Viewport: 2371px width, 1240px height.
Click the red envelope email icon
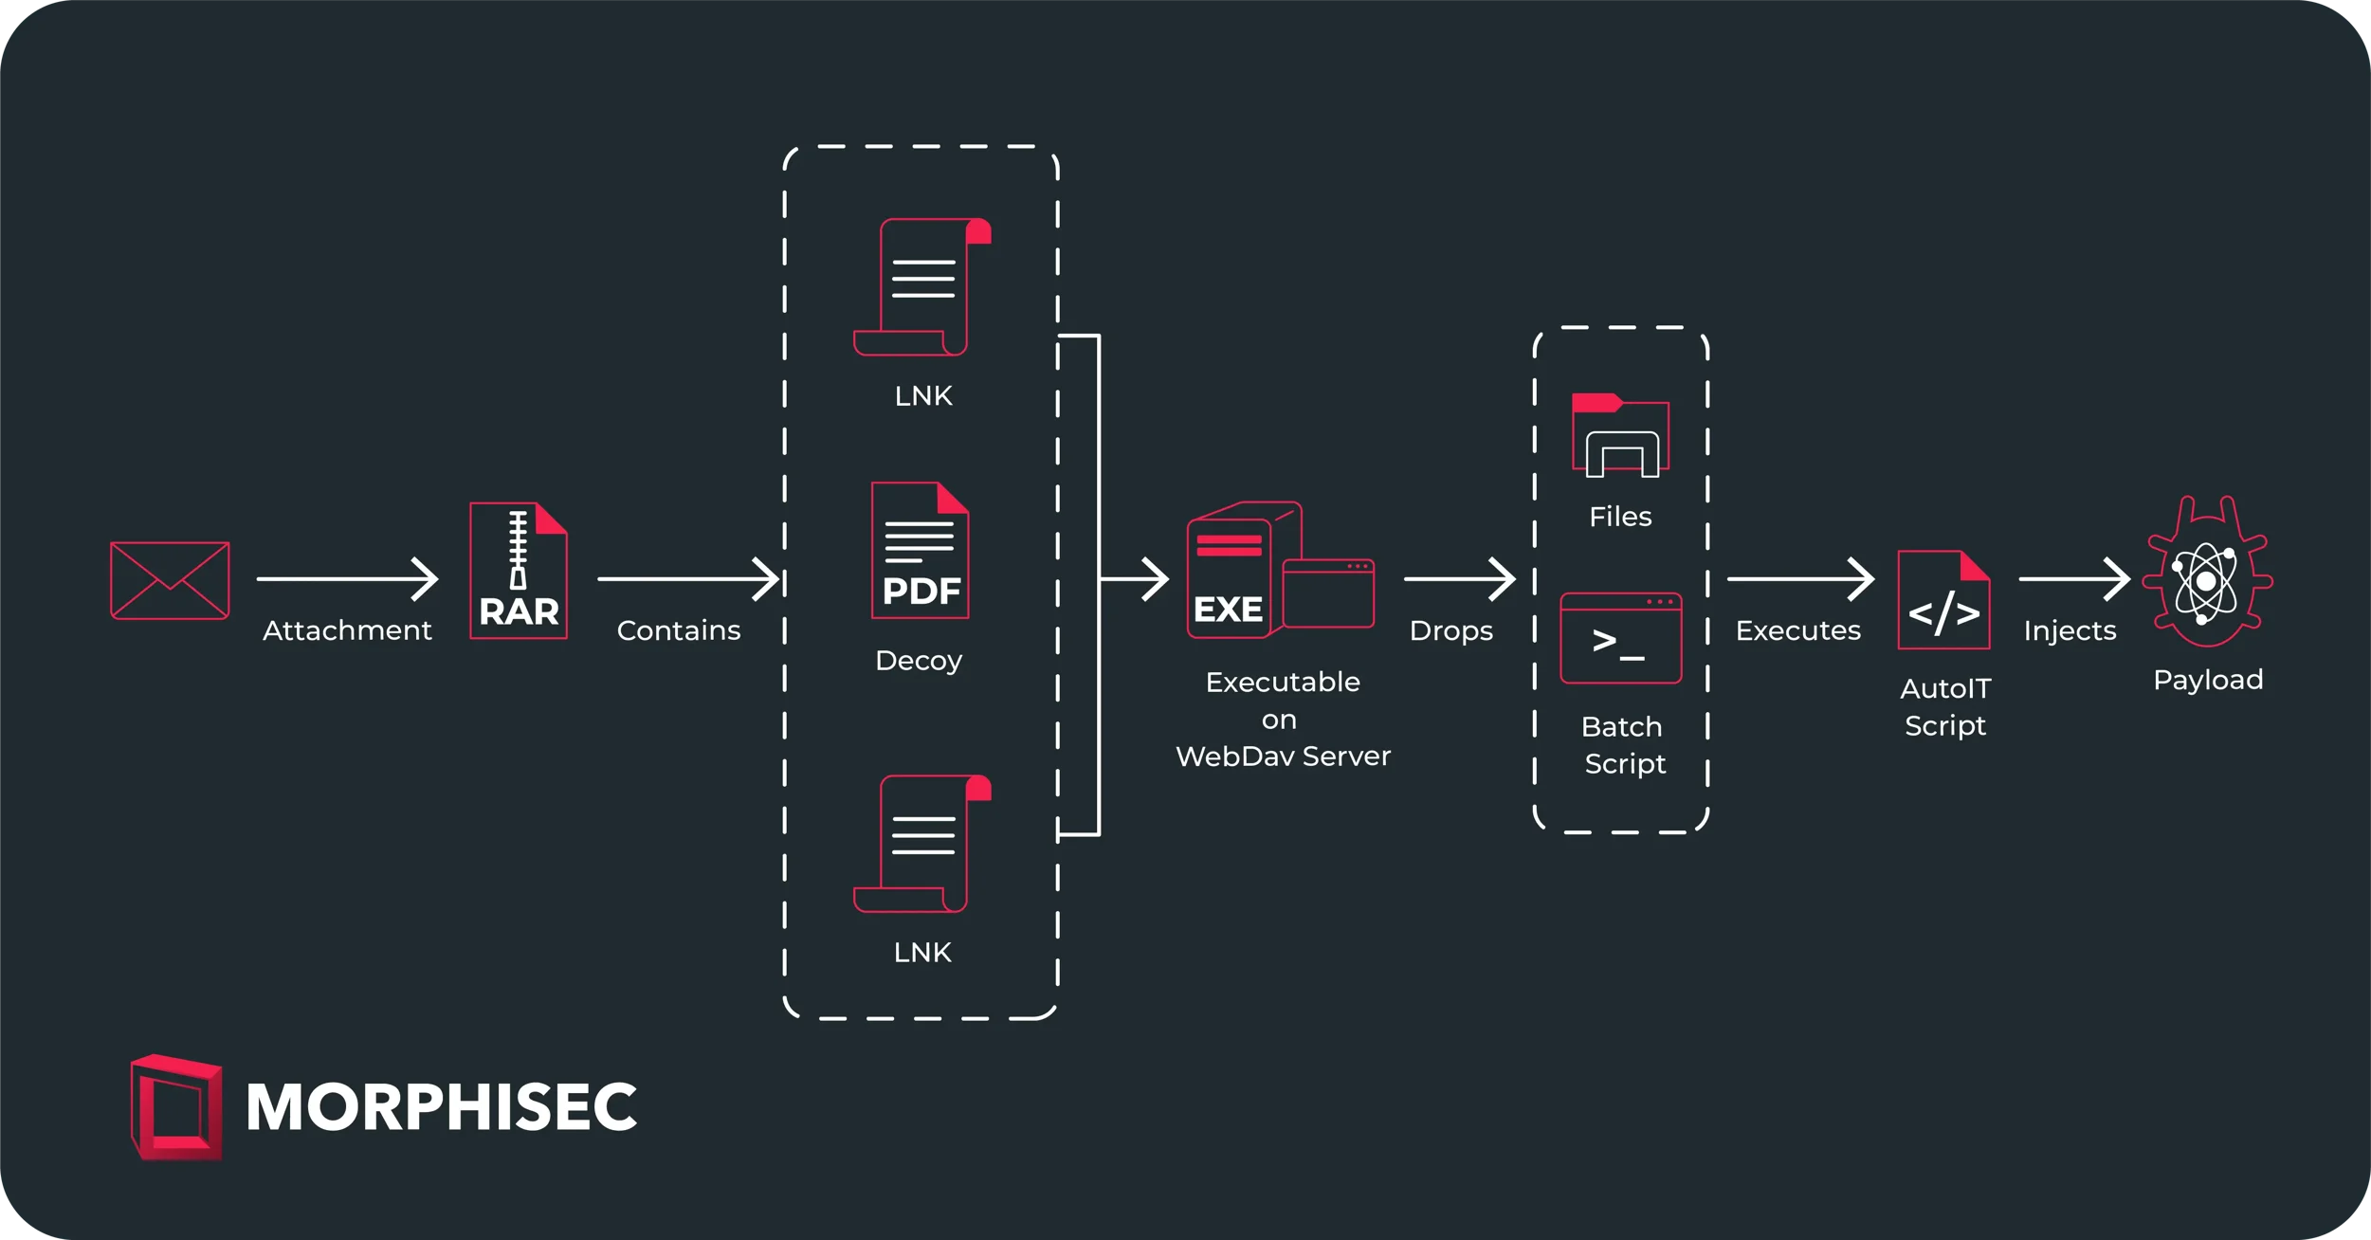[x=170, y=580]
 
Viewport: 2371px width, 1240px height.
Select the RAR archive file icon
[x=519, y=571]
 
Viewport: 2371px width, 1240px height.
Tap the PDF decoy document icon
[x=920, y=551]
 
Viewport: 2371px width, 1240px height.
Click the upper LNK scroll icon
[x=921, y=287]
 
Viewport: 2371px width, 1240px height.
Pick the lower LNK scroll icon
[x=921, y=844]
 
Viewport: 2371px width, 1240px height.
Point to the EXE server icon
[x=1279, y=571]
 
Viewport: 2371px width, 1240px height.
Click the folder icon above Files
[x=1620, y=435]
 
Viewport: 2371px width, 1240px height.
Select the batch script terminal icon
[x=1620, y=638]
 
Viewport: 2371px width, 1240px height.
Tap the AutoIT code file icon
[x=1943, y=600]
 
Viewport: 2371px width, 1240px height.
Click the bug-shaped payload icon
[x=2207, y=573]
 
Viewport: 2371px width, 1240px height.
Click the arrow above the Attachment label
[x=347, y=578]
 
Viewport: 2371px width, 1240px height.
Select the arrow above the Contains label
[x=688, y=578]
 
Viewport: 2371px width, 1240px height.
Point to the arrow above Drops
[x=1459, y=578]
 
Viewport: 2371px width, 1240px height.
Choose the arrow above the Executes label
[x=1800, y=578]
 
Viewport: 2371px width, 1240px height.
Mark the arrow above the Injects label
[x=2074, y=578]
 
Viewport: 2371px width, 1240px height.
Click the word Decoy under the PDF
[x=919, y=661]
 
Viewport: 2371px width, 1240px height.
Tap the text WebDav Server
[x=1283, y=757]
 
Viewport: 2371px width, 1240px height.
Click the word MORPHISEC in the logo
[x=442, y=1107]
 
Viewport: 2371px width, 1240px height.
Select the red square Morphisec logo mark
[x=176, y=1107]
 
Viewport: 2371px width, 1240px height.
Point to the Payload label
[x=2208, y=680]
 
